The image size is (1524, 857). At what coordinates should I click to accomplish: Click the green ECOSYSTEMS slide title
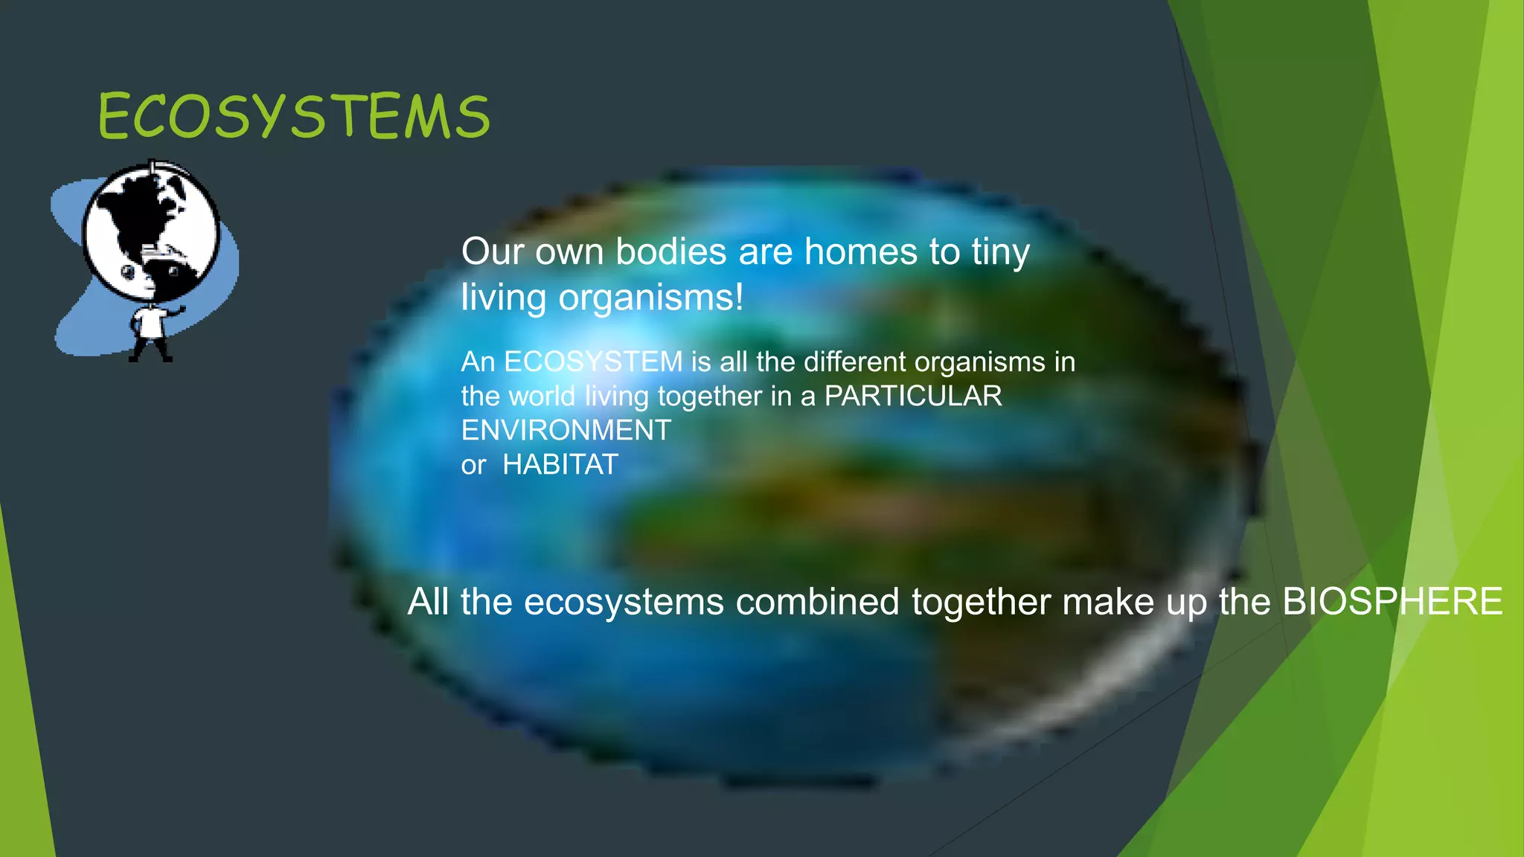(294, 117)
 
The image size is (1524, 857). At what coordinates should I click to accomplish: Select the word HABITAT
(560, 465)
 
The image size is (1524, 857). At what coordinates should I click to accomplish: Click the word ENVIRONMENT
(566, 430)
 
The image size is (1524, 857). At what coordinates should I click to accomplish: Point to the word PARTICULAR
(913, 396)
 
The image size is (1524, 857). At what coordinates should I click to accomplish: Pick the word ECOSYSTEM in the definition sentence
(593, 362)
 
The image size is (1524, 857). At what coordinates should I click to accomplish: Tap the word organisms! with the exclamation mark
(651, 298)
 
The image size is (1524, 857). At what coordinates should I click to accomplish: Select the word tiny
(1000, 253)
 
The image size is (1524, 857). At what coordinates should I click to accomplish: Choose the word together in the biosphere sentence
(982, 603)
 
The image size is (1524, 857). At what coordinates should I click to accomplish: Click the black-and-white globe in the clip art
(151, 231)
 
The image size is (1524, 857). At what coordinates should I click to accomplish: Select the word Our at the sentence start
(491, 251)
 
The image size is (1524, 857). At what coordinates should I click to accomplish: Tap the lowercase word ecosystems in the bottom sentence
(624, 603)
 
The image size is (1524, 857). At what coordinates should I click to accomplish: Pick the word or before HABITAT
(473, 466)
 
